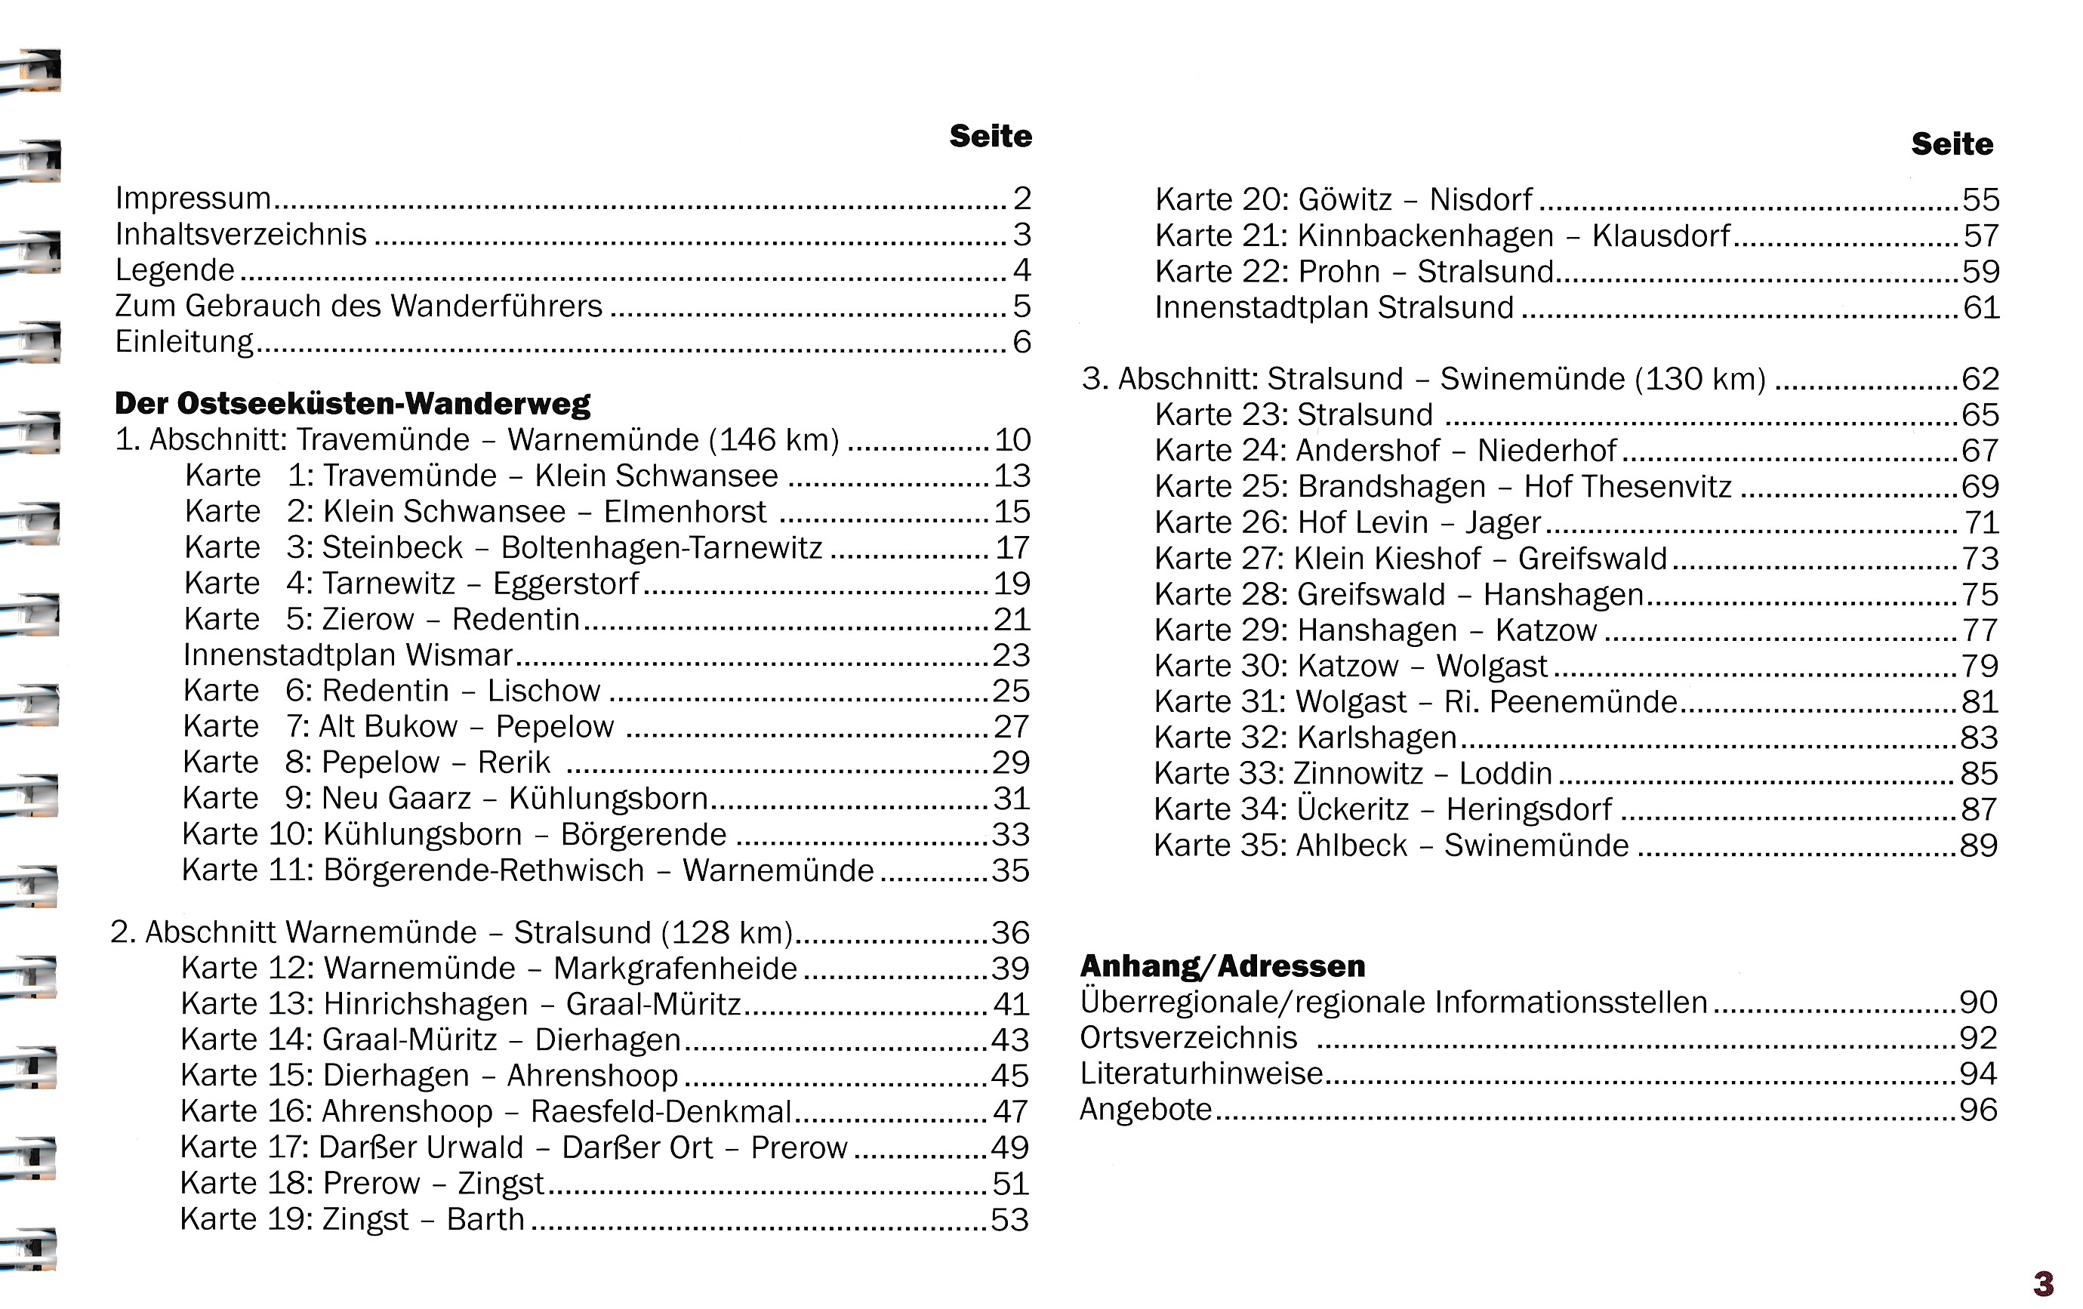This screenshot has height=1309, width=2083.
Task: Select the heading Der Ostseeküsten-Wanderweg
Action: point(352,404)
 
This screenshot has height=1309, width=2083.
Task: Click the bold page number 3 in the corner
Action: point(2043,1283)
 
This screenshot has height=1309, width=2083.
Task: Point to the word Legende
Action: point(174,271)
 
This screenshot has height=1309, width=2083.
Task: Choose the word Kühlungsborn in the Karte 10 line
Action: point(422,835)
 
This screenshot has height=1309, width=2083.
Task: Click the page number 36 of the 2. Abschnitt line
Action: point(1010,932)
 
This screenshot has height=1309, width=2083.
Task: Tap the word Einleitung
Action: point(184,343)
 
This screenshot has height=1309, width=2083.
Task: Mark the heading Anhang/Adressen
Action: point(1223,966)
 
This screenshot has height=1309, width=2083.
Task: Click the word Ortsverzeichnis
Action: point(1188,1038)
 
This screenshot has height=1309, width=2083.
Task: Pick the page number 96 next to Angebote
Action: point(1978,1110)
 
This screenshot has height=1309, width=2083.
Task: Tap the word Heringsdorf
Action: point(1529,810)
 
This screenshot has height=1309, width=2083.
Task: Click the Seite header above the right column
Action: point(1952,144)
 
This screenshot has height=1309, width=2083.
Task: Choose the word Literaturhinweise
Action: point(1201,1073)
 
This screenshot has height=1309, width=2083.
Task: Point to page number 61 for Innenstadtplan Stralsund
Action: point(1981,308)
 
